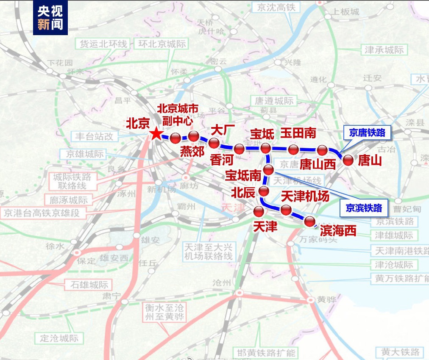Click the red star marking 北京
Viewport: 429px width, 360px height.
(156, 134)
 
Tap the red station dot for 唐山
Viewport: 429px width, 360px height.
(348, 160)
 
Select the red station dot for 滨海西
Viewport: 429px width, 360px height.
(310, 221)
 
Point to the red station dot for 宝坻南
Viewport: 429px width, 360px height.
(269, 170)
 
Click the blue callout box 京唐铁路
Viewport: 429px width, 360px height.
(367, 133)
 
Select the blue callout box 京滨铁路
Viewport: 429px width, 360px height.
(364, 208)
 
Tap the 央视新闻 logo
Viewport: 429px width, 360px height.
(50, 18)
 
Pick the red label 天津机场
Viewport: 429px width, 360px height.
(305, 196)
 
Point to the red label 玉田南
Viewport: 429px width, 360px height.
(298, 133)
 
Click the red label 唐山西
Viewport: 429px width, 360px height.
(318, 164)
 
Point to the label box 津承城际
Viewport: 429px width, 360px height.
(384, 50)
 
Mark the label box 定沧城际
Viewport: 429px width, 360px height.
(59, 338)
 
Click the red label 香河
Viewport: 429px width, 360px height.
(222, 160)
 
